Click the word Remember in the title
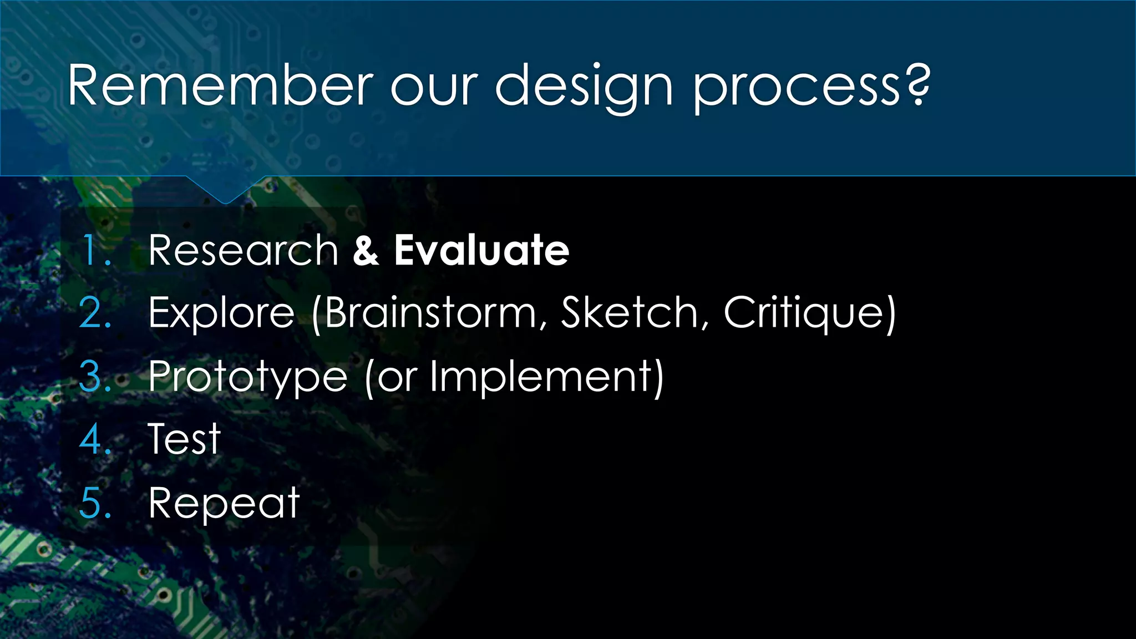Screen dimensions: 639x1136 point(220,86)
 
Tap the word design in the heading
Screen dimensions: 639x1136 point(584,88)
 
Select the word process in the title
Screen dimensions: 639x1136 point(797,89)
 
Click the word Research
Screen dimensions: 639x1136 point(243,251)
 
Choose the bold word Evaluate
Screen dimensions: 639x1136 point(481,251)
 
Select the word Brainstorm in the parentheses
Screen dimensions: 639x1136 point(430,313)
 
